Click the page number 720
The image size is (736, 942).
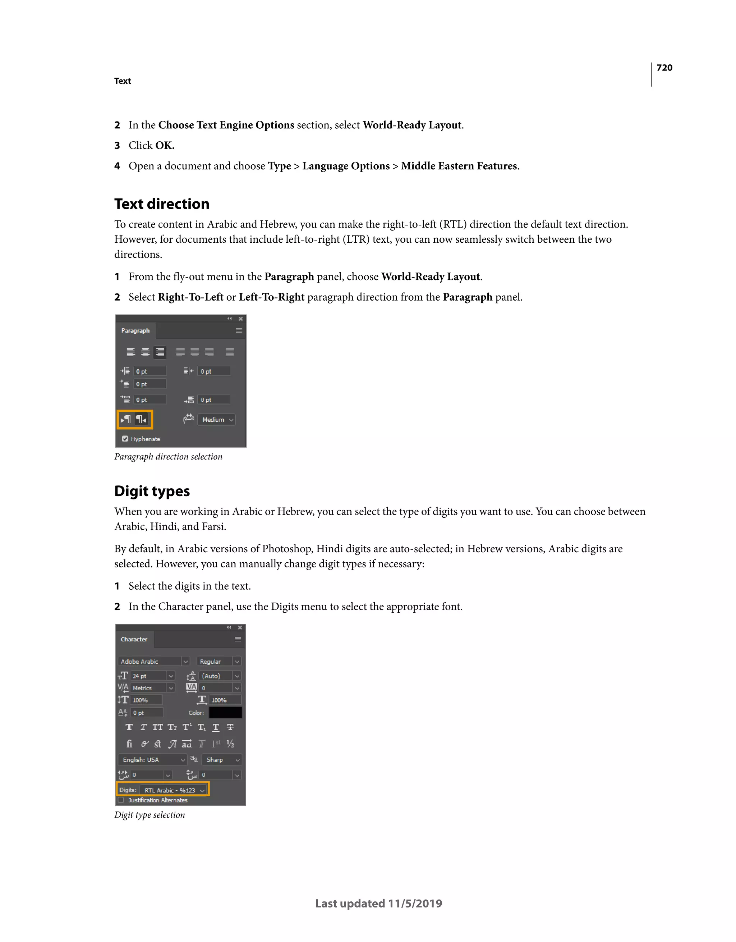(664, 68)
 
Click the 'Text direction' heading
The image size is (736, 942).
(162, 204)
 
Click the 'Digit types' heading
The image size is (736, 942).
(152, 491)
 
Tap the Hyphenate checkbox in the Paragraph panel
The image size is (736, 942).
(125, 439)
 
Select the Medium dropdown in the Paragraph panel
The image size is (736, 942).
(216, 420)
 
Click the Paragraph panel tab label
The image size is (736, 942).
(135, 331)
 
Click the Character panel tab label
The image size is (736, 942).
(134, 640)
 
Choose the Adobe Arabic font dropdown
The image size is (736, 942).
(153, 662)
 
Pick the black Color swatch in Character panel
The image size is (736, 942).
(225, 713)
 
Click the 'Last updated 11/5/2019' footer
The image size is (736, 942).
(378, 904)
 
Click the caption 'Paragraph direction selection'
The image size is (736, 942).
(168, 457)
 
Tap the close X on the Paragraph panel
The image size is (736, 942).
(240, 319)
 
